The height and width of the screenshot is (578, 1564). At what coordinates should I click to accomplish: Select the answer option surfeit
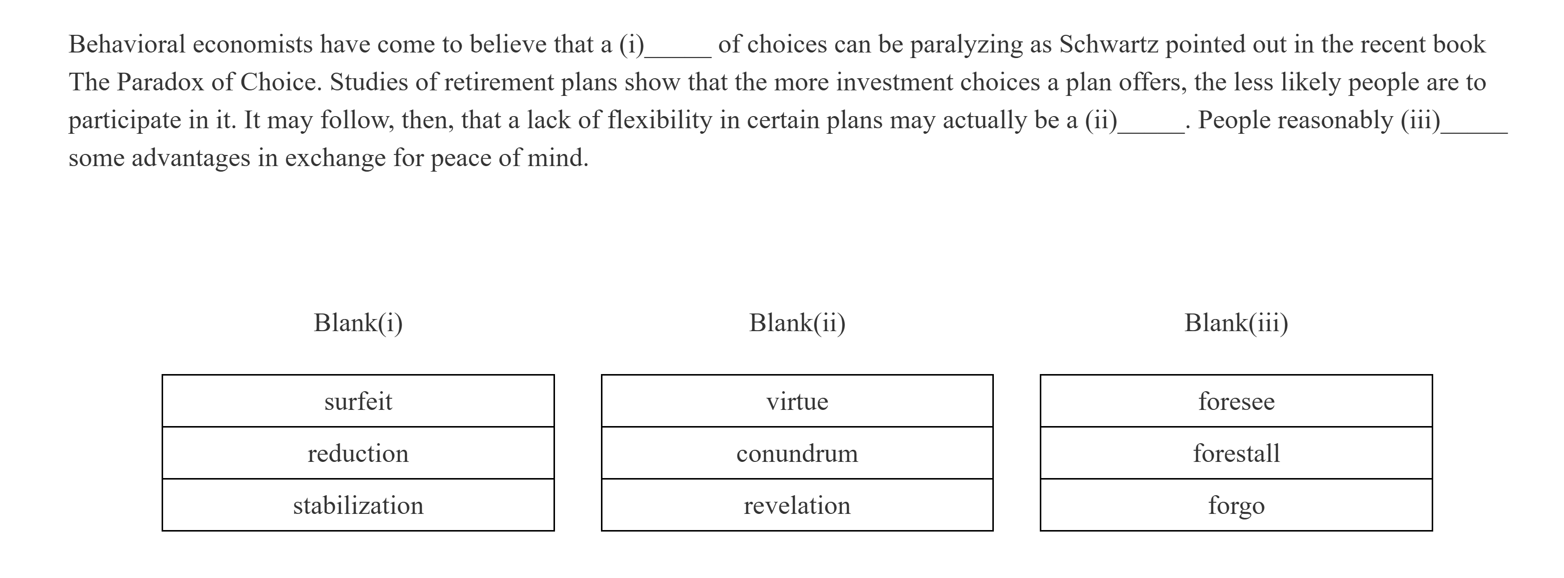358,401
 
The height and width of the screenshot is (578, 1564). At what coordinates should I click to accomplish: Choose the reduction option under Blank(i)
358,453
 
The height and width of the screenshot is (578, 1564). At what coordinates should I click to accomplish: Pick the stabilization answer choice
358,505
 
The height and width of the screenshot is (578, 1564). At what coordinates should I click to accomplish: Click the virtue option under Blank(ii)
797,401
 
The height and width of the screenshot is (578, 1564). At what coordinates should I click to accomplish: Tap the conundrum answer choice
797,453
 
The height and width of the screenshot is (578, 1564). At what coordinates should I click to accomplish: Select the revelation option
797,505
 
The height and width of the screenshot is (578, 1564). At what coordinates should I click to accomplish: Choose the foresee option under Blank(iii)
1236,401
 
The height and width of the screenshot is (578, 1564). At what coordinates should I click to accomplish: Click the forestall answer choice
1236,453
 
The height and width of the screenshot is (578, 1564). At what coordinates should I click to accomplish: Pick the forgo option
1236,505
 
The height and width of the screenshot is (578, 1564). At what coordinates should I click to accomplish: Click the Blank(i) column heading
358,323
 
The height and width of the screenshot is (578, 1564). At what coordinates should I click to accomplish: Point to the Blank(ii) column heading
797,323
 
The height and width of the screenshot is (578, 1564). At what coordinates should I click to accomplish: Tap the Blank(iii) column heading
1236,323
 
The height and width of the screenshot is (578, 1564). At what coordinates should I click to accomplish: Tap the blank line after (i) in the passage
678,51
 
